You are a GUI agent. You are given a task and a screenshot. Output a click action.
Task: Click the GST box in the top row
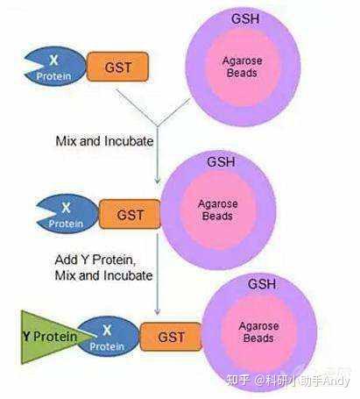117,67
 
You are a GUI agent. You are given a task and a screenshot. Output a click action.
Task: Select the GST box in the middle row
130,214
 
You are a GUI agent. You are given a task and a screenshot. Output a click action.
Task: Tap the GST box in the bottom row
171,337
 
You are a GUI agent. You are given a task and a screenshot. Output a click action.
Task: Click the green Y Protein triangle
50,337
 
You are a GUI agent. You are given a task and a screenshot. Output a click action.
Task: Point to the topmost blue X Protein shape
55,67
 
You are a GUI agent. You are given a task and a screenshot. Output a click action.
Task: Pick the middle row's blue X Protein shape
67,214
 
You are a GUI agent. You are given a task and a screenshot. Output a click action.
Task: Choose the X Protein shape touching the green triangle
109,337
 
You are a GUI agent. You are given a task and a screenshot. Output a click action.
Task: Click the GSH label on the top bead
245,18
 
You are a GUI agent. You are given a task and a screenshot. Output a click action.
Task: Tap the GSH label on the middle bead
221,162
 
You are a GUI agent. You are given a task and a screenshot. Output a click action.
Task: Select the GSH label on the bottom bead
262,284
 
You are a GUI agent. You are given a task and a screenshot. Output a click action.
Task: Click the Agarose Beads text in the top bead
242,67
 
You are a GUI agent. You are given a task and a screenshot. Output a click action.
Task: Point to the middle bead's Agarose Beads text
217,210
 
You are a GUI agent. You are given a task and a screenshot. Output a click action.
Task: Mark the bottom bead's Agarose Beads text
258,332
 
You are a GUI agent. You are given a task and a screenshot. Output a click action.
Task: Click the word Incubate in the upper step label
129,141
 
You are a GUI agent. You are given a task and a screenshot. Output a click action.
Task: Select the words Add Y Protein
95,260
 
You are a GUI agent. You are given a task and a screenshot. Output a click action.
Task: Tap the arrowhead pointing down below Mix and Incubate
158,181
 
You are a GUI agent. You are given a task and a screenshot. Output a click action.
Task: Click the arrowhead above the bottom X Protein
158,311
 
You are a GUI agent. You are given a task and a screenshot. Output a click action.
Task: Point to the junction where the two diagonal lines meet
158,126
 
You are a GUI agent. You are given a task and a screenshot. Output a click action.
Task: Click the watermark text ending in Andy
288,381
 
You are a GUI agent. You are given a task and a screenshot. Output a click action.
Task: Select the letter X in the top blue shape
53,61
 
